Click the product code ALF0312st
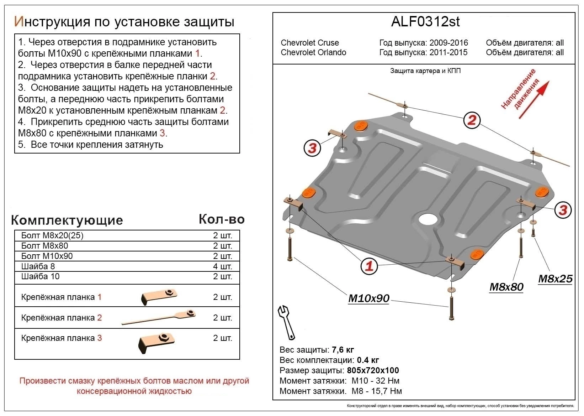425,22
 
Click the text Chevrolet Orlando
313,53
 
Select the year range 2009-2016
449,43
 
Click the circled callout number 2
472,120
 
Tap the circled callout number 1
369,266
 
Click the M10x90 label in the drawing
369,298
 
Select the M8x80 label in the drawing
506,287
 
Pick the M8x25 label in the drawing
555,279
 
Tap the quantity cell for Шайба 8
222,266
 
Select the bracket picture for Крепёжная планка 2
159,318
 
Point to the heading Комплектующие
67,220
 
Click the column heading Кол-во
222,219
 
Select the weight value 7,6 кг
343,350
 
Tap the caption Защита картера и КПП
425,71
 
